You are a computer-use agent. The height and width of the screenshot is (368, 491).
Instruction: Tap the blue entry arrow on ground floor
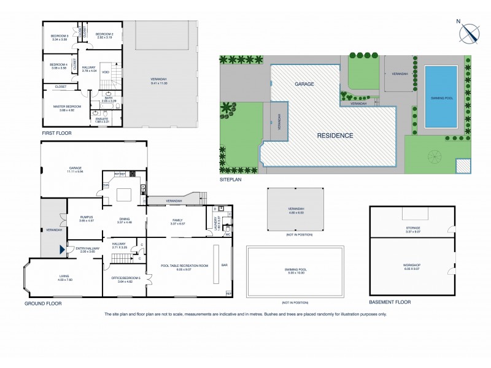click(x=61, y=249)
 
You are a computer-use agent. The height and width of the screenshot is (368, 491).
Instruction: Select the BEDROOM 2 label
click(x=105, y=34)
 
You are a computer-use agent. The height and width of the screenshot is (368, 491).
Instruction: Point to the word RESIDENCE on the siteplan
click(x=334, y=135)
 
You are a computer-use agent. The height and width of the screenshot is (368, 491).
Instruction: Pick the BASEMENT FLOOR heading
click(x=390, y=302)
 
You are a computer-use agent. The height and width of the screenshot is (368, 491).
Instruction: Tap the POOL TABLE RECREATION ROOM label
click(x=184, y=266)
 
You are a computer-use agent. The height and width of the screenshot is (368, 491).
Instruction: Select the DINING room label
click(x=125, y=219)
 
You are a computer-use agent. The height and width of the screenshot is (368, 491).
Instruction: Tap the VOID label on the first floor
click(x=106, y=72)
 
